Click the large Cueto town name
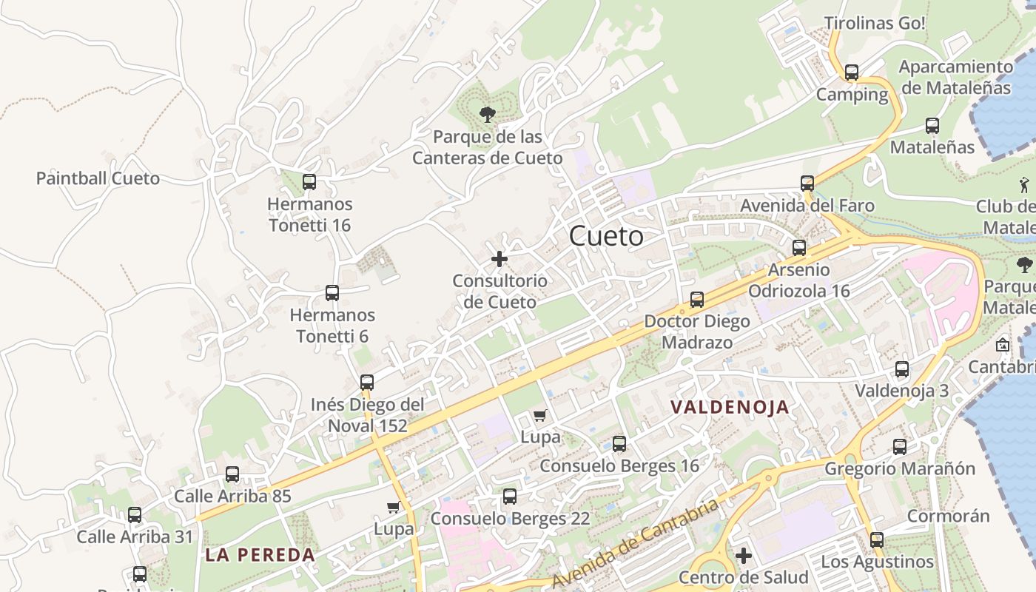click(x=606, y=237)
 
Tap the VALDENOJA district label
click(x=730, y=407)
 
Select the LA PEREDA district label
click(x=260, y=555)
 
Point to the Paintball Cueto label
click(x=98, y=178)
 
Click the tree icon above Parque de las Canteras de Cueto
click(x=487, y=114)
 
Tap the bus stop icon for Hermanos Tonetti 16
click(x=309, y=182)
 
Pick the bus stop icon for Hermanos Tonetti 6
click(x=332, y=293)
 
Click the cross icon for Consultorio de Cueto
click(x=499, y=259)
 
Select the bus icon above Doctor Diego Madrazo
click(x=697, y=300)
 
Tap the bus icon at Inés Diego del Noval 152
click(x=367, y=383)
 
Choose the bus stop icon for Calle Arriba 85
click(x=232, y=474)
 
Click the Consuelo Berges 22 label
click(x=510, y=519)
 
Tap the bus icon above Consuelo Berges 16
click(x=619, y=444)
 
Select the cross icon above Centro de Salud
click(x=744, y=555)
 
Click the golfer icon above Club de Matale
click(x=1024, y=184)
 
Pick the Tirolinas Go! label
click(x=875, y=23)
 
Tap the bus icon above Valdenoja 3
click(x=902, y=369)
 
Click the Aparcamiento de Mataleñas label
click(x=955, y=77)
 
